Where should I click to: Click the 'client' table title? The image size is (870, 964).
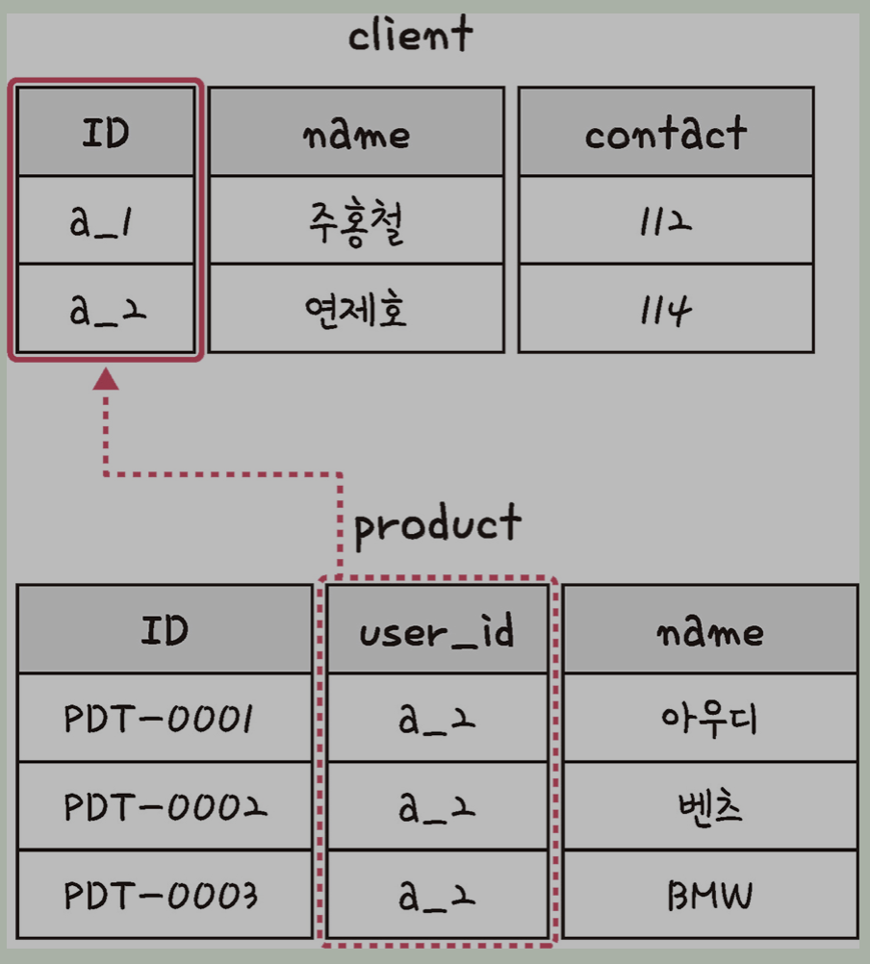(410, 37)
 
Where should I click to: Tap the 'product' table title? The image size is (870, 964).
(438, 524)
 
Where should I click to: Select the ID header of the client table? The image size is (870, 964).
(106, 132)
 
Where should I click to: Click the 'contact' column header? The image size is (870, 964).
(665, 133)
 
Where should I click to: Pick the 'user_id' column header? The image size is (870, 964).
(437, 630)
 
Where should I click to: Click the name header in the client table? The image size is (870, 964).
(356, 133)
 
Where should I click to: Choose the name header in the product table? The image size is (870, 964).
(709, 630)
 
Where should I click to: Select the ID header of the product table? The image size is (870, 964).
(164, 630)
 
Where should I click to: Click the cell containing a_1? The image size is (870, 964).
(106, 220)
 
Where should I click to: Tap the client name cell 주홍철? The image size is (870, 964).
(356, 220)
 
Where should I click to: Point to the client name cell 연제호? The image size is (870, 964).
(356, 309)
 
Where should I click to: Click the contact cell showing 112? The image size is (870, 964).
(665, 220)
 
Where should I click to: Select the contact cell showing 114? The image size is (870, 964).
(665, 309)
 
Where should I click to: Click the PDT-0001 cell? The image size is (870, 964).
(164, 718)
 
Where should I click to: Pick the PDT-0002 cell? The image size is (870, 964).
(164, 806)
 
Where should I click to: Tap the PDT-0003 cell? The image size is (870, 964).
(164, 895)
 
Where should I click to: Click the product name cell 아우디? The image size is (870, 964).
(709, 718)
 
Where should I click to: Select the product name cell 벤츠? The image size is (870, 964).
(709, 806)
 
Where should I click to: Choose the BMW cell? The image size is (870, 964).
(709, 895)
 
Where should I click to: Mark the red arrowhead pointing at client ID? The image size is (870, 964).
(106, 379)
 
